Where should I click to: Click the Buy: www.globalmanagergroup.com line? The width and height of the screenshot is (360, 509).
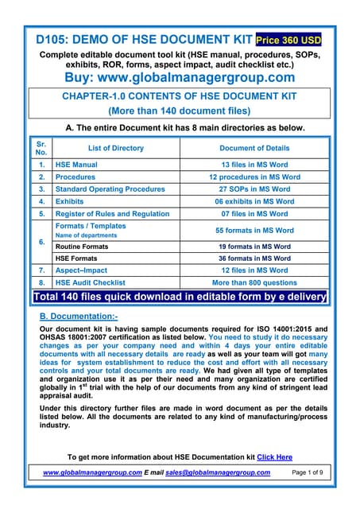(x=179, y=77)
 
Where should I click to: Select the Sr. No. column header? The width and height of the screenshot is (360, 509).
(x=41, y=148)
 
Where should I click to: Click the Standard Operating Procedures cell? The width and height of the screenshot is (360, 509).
(x=110, y=189)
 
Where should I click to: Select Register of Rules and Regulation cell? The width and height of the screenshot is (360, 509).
(x=112, y=214)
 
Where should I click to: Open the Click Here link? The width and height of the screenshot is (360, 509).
(x=274, y=457)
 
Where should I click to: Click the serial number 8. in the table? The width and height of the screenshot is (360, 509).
(x=41, y=282)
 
